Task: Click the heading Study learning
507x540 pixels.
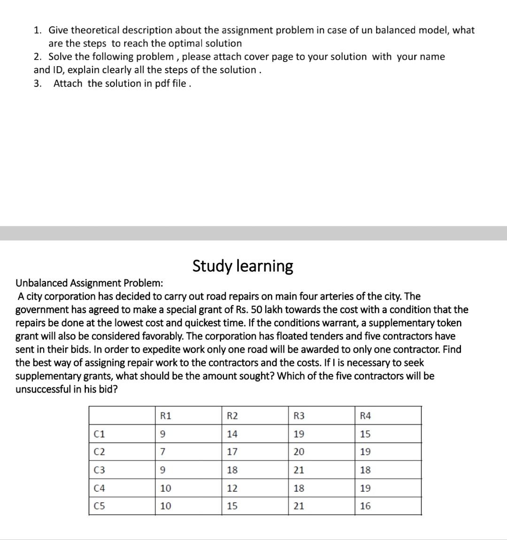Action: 243,266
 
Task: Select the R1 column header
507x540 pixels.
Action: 166,416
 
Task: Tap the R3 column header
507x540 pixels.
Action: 299,416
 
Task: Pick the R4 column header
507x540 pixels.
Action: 365,416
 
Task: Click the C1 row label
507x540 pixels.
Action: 100,434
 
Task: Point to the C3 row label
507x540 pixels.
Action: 100,470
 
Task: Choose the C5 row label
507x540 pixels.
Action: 100,506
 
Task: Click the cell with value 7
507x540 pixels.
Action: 163,452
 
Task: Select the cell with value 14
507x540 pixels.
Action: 232,434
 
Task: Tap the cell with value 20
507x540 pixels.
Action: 299,452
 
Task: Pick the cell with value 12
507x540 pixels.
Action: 232,488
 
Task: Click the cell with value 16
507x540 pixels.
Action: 365,506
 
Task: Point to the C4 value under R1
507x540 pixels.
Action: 166,488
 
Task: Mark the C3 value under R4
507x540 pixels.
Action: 365,470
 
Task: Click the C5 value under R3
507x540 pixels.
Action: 299,506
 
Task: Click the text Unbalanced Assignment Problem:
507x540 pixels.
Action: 90,283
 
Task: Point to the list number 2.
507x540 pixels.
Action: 37,57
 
